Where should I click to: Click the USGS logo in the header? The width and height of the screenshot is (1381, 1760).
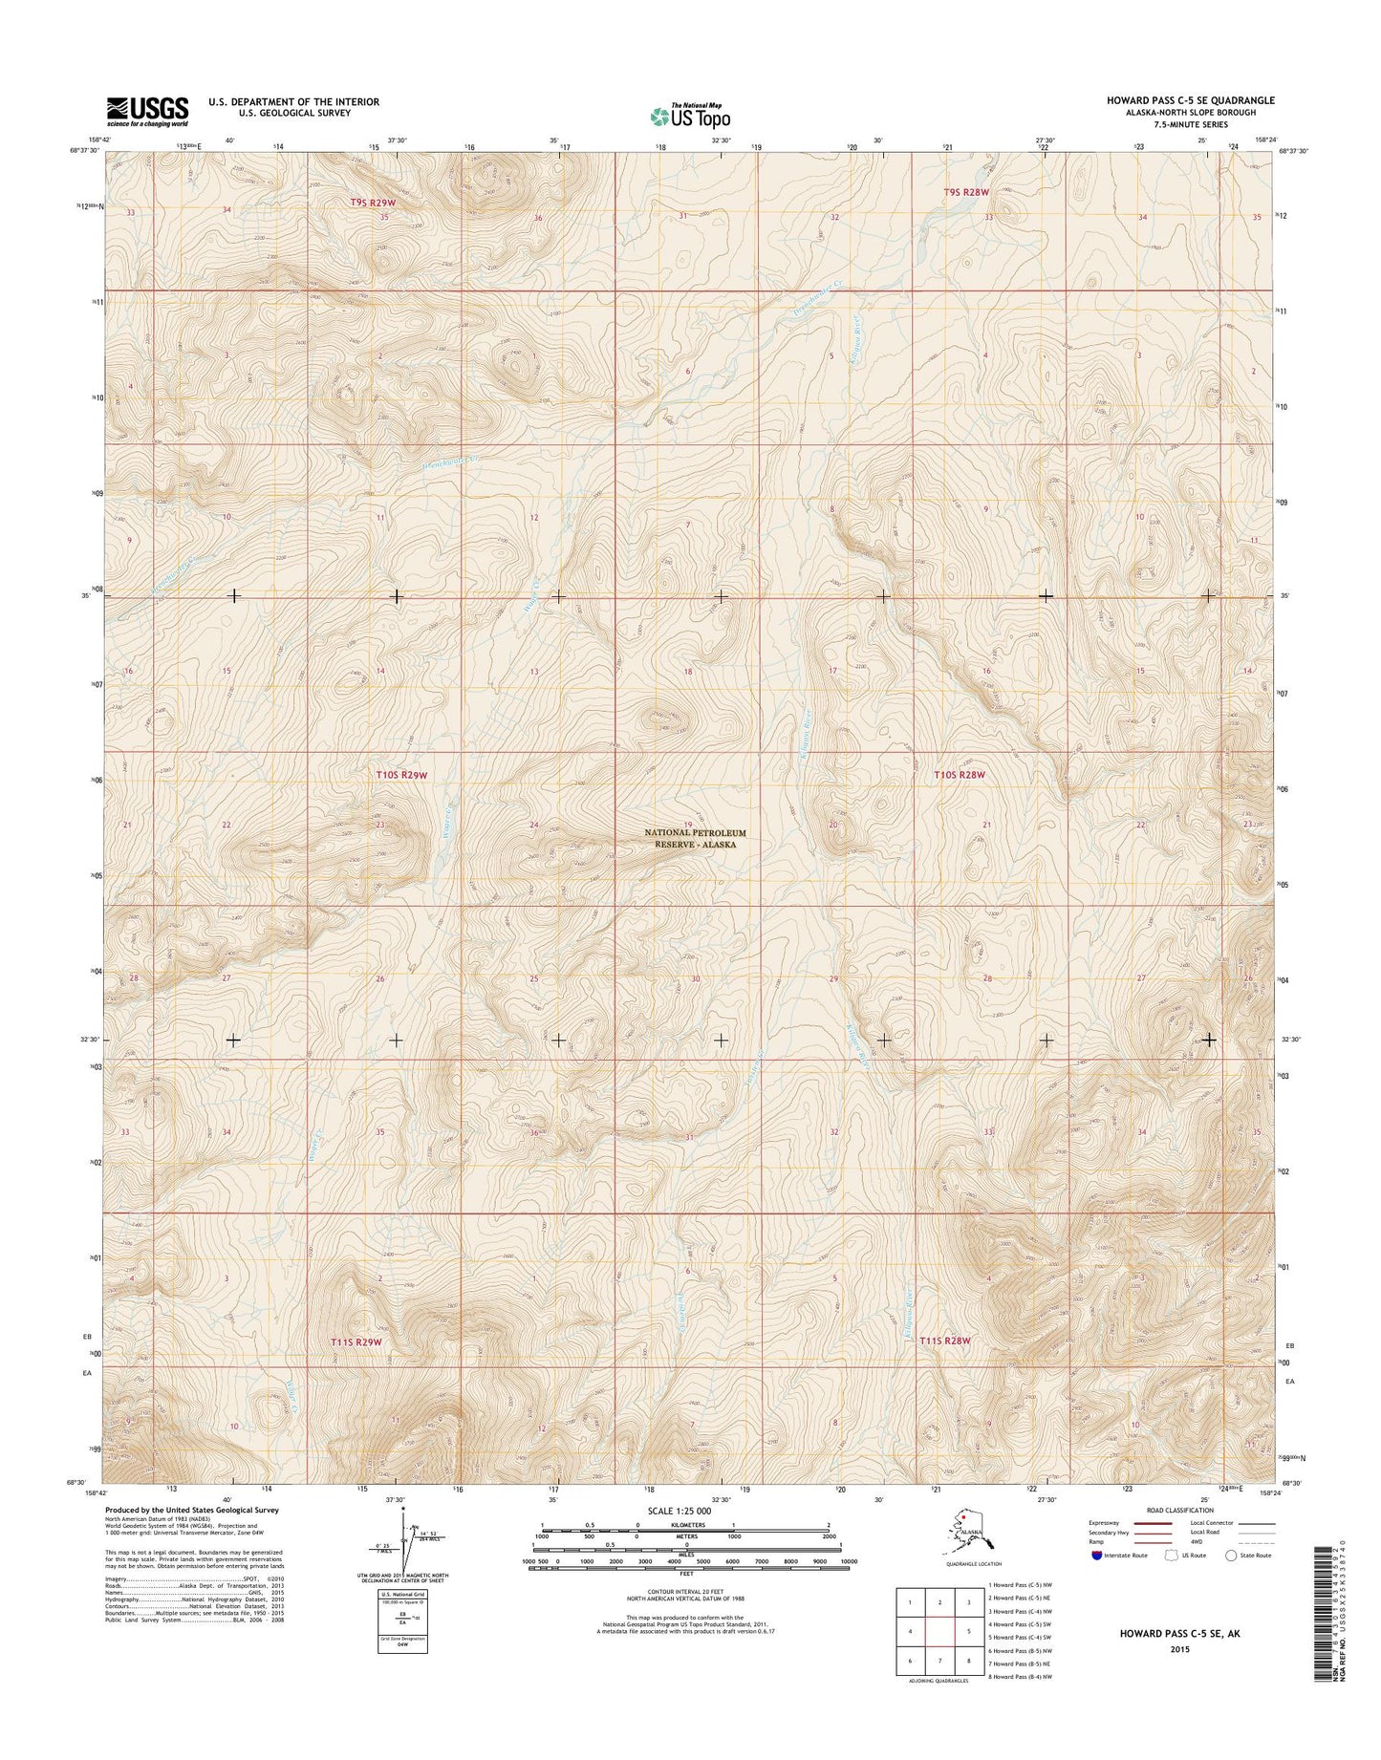pos(147,111)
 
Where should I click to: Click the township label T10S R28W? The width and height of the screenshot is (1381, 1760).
pos(959,776)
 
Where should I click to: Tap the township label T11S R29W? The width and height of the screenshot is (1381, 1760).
pos(356,1341)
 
